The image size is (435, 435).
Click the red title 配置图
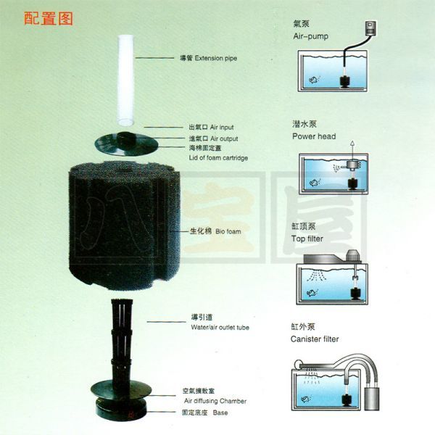tap(49, 19)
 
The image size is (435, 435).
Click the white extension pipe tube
tap(125, 80)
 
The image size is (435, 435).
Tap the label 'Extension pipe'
tap(216, 58)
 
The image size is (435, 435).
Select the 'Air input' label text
tap(222, 128)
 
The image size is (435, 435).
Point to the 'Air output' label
tap(224, 138)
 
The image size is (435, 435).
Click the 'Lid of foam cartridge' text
tap(218, 158)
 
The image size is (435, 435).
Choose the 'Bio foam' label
tap(228, 232)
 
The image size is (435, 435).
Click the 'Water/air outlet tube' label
tap(220, 328)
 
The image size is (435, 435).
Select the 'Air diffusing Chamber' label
tap(215, 401)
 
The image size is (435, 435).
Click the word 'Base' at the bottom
tap(220, 413)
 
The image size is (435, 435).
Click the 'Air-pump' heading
tap(311, 36)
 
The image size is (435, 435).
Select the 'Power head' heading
tap(314, 136)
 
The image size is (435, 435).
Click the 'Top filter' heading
tap(307, 239)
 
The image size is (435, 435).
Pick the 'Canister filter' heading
tap(315, 339)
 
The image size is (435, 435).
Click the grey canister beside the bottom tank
tap(371, 399)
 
